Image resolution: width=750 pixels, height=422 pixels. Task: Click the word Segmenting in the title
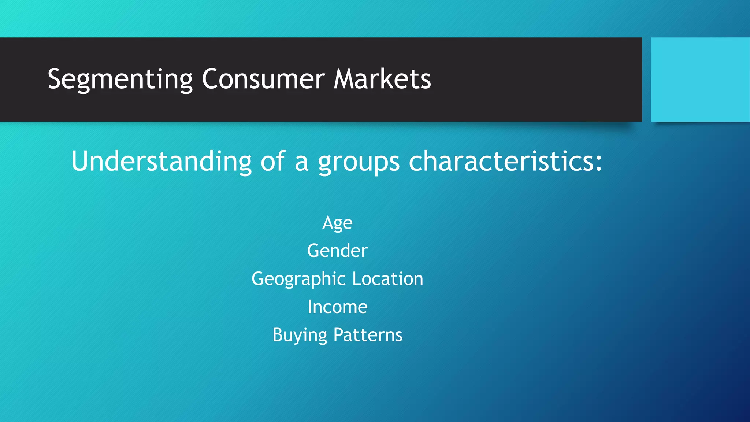(120, 79)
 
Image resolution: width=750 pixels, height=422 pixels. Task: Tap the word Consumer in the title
(263, 79)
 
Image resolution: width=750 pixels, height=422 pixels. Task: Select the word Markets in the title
(382, 79)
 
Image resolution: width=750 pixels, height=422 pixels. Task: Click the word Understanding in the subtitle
(161, 161)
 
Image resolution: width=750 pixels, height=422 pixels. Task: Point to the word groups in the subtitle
(359, 162)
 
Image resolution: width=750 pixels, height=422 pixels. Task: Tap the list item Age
(337, 223)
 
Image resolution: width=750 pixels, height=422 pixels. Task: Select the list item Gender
(337, 251)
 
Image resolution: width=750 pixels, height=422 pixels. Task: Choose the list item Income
(337, 307)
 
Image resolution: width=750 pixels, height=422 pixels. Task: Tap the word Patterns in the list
(368, 335)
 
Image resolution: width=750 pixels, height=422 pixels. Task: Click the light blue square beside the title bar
(700, 79)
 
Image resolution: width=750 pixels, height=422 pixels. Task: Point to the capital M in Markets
(345, 79)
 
